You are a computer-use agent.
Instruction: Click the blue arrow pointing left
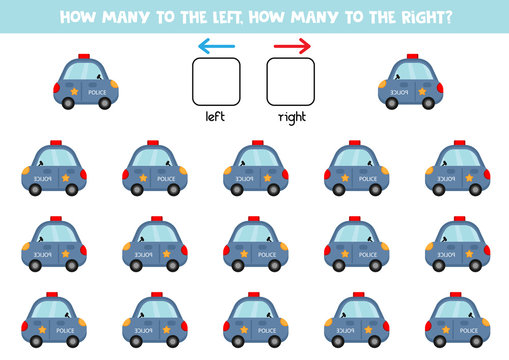click(x=216, y=45)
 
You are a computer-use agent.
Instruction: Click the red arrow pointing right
click(x=292, y=45)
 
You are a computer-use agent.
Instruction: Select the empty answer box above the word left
click(x=216, y=82)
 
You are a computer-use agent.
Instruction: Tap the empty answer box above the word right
click(x=291, y=82)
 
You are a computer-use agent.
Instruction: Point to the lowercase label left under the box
click(x=216, y=116)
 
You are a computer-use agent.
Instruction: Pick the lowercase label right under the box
click(x=291, y=116)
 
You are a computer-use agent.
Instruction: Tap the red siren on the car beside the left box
click(x=83, y=56)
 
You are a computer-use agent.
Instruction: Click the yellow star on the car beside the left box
click(x=72, y=91)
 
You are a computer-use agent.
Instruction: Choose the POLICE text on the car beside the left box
click(x=96, y=91)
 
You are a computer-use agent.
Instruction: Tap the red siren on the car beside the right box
click(x=411, y=56)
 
